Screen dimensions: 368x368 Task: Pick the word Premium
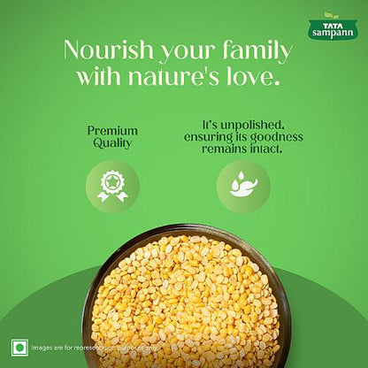(112, 131)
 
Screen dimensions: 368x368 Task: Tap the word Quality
(112, 144)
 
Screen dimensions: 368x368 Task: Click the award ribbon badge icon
(112, 187)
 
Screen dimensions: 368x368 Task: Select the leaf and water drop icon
(243, 187)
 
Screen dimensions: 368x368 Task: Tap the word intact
(264, 150)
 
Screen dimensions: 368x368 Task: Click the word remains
(223, 150)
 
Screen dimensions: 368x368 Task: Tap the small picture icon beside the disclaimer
(19, 347)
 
